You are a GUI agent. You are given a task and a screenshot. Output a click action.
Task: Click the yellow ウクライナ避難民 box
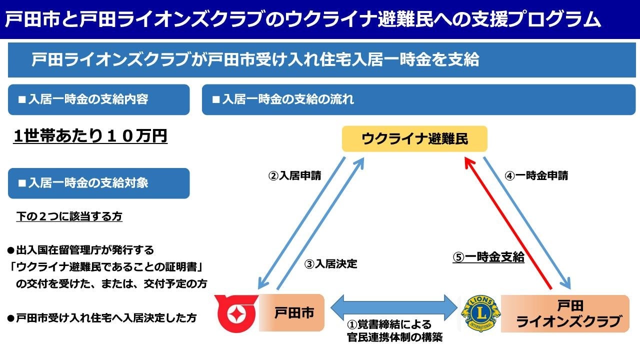coord(414,139)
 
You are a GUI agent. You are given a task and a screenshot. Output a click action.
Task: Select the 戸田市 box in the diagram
coord(291,313)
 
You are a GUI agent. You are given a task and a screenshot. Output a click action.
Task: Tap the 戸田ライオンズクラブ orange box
coord(565,313)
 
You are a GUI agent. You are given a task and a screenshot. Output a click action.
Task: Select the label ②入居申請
coord(295,176)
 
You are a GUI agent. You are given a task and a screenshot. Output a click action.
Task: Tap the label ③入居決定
coord(331,264)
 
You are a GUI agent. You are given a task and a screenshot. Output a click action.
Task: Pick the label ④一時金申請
coord(535,176)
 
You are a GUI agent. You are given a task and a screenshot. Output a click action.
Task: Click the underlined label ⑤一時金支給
coord(488,257)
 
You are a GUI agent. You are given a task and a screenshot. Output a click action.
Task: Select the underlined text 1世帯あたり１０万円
coord(90,136)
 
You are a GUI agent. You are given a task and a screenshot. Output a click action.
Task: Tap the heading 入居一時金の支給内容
coord(88,99)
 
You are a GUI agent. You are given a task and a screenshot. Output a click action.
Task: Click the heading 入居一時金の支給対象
coord(88,183)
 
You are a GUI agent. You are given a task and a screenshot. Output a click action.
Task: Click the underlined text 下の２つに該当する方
coord(69,216)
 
